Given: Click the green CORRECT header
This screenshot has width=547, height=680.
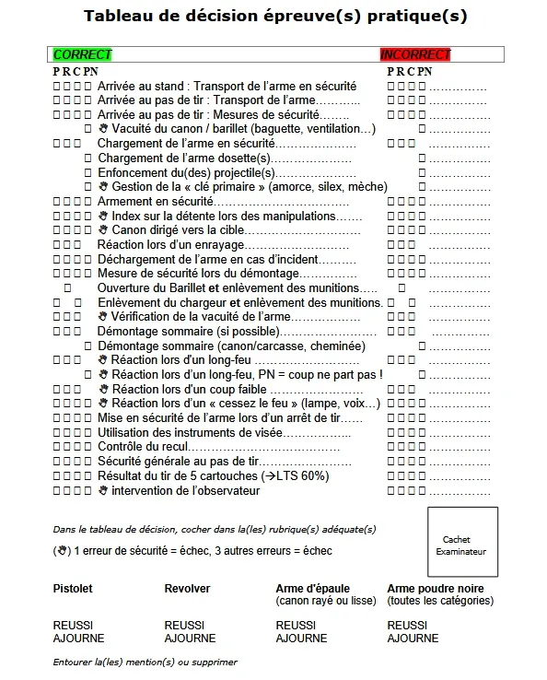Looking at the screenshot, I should (x=83, y=55).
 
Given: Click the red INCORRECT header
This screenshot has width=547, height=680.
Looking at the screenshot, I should (x=415, y=55).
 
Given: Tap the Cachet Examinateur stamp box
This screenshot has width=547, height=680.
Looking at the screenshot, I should (x=462, y=543).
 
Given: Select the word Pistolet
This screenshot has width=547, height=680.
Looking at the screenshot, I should (x=73, y=588).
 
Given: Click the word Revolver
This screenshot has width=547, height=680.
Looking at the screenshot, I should (x=187, y=588).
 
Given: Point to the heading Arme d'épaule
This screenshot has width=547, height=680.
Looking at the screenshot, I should (x=312, y=588).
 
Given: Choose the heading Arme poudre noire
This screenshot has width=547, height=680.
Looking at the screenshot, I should (x=436, y=588).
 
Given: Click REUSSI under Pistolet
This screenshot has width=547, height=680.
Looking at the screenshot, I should (x=73, y=625).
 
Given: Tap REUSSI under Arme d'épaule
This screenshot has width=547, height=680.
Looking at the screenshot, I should (x=296, y=625).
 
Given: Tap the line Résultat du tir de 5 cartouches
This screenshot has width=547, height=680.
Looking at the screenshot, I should (x=212, y=475).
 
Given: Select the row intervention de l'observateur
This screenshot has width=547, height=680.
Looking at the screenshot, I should (x=185, y=490).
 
